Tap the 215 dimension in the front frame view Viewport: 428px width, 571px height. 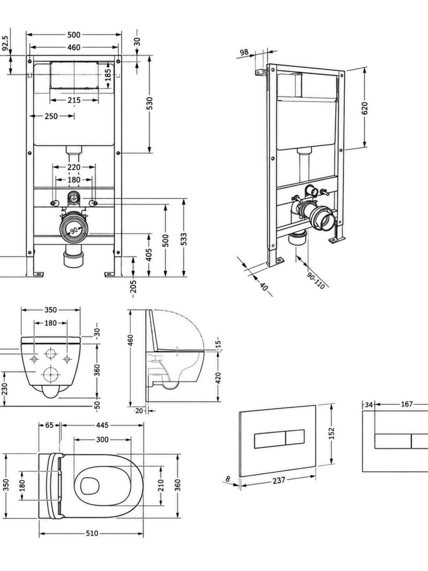(74, 100)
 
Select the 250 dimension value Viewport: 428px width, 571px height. (51, 116)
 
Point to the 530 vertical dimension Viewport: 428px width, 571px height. (150, 103)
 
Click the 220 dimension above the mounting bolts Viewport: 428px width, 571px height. (74, 167)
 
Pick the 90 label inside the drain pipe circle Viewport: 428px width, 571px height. (74, 230)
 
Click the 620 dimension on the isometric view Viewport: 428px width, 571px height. (365, 108)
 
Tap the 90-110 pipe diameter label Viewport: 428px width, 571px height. (316, 281)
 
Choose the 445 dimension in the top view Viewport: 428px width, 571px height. (102, 425)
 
